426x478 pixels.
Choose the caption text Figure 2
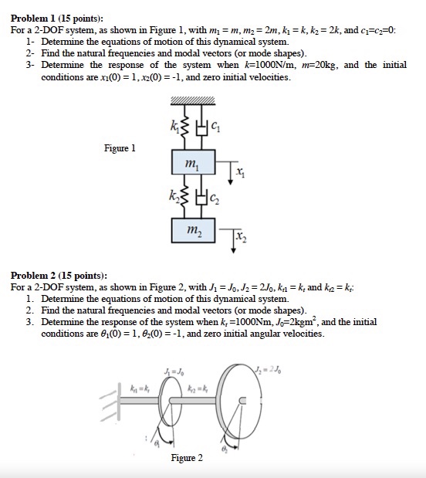[x=188, y=458]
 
